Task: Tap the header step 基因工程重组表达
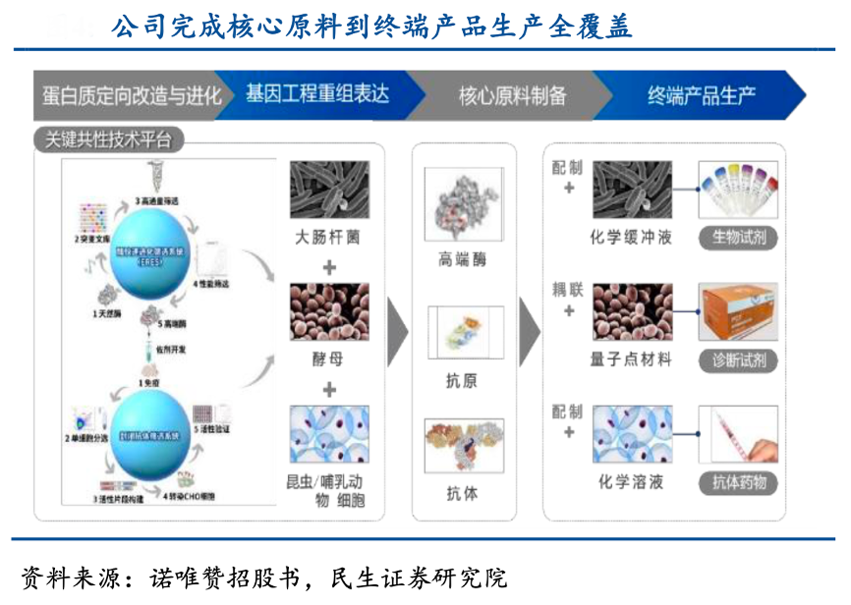317,94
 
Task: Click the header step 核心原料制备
512,95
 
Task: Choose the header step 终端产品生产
701,95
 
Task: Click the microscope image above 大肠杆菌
329,190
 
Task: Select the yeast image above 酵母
329,311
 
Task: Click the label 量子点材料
631,359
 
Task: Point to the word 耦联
568,290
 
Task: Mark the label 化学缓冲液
631,238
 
